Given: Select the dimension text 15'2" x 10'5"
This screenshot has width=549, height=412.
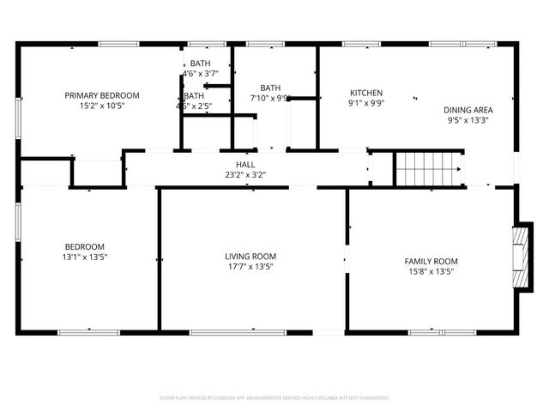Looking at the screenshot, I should click(101, 106).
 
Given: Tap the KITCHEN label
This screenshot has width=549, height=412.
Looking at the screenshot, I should click(366, 93).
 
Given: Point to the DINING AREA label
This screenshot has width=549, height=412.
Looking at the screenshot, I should click(468, 110).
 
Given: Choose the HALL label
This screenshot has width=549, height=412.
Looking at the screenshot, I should click(245, 165).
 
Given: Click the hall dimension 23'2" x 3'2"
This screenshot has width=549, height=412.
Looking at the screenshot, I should click(245, 176).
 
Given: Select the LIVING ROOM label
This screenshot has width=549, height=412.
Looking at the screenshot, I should click(250, 256).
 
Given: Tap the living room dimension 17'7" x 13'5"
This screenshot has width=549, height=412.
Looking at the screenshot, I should click(250, 267).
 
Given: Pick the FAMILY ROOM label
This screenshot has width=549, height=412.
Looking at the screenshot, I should click(431, 261).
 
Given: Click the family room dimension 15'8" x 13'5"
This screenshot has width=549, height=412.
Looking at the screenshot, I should click(431, 272).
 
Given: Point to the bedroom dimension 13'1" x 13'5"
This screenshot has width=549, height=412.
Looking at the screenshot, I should click(84, 257).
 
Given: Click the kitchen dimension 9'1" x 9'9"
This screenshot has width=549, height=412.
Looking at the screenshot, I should click(366, 104).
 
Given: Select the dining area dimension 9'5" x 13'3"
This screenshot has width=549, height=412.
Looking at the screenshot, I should click(468, 121).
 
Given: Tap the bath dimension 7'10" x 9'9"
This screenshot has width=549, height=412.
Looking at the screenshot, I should click(270, 99).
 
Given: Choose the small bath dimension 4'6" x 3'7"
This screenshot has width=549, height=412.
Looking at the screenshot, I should click(200, 75).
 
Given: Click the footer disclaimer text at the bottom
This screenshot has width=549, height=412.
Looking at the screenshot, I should click(274, 398).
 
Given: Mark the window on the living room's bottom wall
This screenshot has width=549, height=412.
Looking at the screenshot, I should click(226, 332).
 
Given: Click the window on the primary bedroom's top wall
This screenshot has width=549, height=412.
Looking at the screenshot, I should click(118, 44).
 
